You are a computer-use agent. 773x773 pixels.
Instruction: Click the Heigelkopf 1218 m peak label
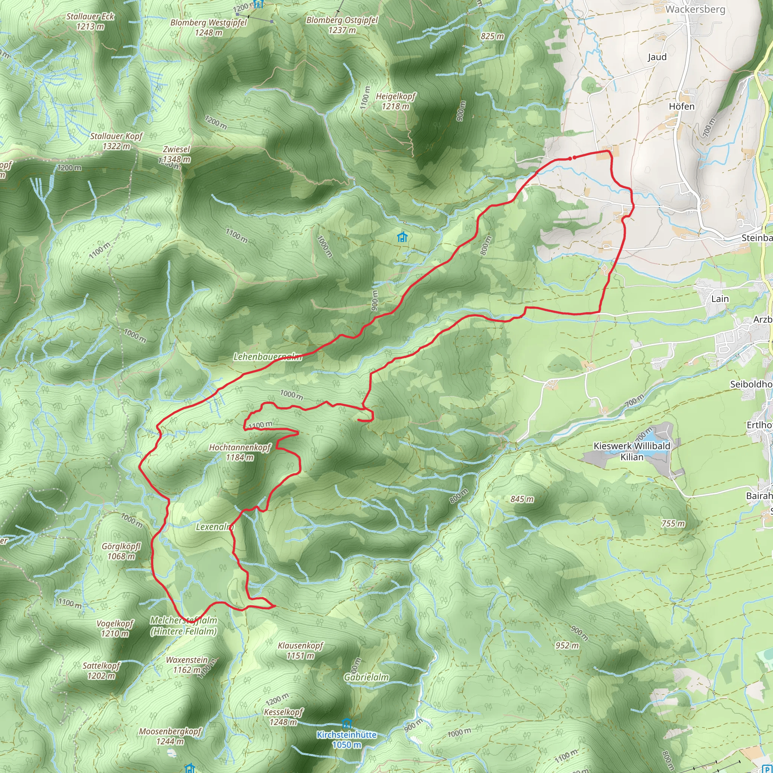pos(395,101)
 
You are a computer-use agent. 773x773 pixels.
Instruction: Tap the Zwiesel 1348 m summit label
pos(176,154)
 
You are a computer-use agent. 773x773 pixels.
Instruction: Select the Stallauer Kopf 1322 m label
pos(116,141)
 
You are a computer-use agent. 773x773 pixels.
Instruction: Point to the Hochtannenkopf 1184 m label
pos(240,452)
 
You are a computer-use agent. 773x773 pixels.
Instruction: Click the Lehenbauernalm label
pos(267,356)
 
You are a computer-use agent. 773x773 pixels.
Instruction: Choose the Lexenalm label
pos(214,527)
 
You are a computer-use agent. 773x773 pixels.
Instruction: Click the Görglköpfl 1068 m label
pos(121,551)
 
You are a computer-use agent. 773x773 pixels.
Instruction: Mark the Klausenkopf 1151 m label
pos(300,650)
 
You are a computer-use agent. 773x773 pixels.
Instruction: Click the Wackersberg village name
pos(695,9)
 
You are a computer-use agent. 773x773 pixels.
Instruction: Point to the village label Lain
pos(720,299)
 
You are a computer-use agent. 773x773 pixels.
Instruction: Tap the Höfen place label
pos(682,106)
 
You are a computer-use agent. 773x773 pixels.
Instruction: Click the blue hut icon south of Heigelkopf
pos(402,237)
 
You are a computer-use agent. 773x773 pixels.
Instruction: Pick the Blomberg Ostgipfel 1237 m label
pos(342,25)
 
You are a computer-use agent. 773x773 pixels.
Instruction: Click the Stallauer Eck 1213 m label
pos(90,21)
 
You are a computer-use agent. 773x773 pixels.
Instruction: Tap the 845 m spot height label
pos(522,499)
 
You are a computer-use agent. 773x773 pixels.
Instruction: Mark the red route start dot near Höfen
pos(574,158)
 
